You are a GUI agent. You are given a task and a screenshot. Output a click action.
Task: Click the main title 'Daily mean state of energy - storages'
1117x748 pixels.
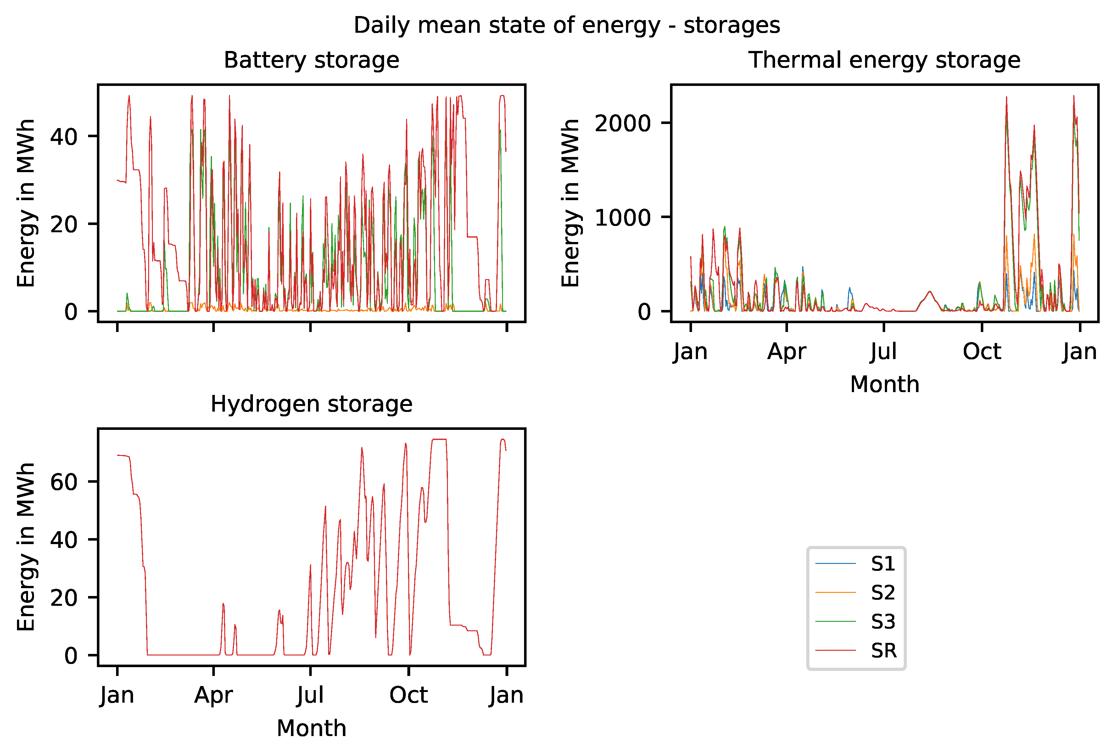[567, 25]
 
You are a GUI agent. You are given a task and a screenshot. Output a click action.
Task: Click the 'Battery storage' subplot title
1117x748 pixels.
[311, 61]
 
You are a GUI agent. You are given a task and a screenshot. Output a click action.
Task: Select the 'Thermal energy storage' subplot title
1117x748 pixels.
[884, 61]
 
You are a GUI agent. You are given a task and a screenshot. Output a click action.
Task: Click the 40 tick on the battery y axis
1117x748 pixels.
[64, 137]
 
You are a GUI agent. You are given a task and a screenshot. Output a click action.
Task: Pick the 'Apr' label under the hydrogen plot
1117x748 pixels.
[213, 695]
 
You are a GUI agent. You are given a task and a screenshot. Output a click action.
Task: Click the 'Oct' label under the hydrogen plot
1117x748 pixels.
[408, 695]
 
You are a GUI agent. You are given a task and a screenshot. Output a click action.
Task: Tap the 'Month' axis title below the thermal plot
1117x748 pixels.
[884, 385]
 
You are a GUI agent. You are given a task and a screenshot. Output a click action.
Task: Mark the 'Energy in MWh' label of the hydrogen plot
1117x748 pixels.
[26, 547]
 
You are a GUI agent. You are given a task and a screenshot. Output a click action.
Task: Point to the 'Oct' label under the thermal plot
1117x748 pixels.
[982, 352]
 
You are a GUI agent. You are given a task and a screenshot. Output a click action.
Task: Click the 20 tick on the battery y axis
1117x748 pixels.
[64, 224]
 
